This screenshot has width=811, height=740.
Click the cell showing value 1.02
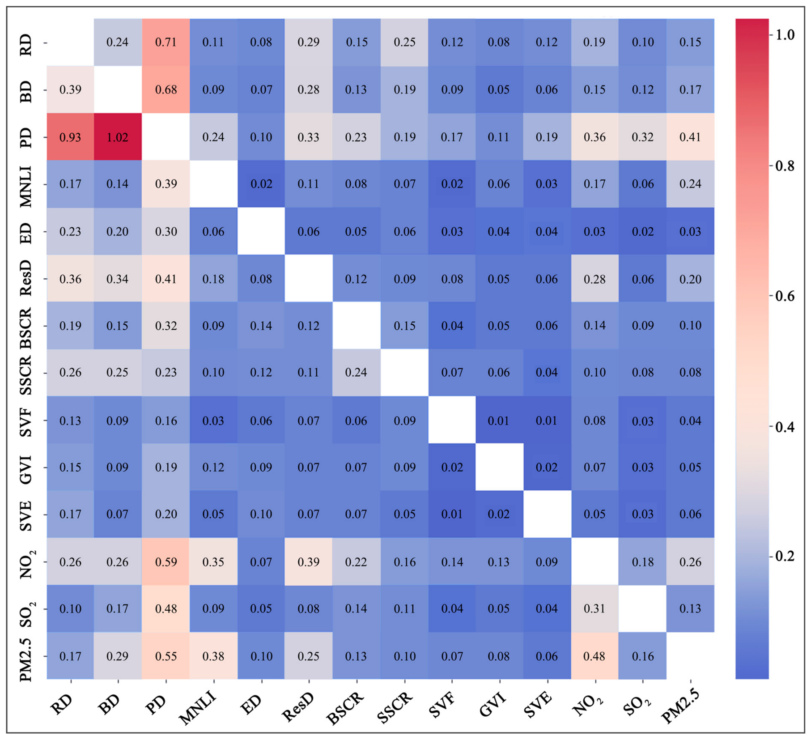[118, 136]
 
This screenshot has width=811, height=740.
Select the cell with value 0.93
[70, 136]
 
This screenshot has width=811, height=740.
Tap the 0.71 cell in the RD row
[166, 42]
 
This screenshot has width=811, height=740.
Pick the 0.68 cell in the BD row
[166, 89]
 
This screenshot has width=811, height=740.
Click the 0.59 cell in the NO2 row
[166, 561]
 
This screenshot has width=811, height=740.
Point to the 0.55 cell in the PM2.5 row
[166, 656]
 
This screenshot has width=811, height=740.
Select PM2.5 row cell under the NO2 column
[594, 656]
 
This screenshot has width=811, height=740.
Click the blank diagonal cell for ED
[261, 231]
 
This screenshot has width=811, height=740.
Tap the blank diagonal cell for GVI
[499, 467]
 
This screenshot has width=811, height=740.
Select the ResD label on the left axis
[26, 278]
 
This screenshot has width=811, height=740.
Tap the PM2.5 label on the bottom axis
[680, 707]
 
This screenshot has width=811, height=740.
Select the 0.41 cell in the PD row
[690, 136]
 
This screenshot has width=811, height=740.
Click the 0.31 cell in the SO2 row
[594, 608]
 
